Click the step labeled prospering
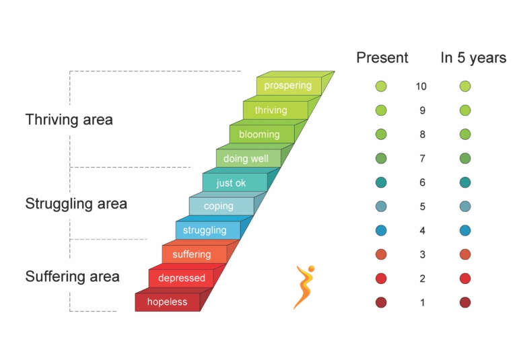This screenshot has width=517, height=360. (x=289, y=86)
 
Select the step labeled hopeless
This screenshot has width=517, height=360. (x=168, y=302)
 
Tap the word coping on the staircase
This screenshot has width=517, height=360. (x=219, y=206)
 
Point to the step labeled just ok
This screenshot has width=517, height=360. (x=235, y=182)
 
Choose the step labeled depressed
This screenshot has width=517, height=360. (x=181, y=278)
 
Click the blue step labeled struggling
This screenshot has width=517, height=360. (x=208, y=230)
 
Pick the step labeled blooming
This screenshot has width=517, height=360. (x=262, y=134)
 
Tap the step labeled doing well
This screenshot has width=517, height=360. (x=248, y=158)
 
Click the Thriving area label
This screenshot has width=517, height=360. (x=69, y=119)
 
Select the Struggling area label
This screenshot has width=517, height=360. (x=76, y=203)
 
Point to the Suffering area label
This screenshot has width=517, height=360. (x=72, y=277)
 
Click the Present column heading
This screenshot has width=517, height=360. (x=382, y=58)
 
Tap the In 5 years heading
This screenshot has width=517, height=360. (x=473, y=58)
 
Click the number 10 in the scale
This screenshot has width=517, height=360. (x=421, y=86)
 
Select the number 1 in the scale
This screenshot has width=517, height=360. (x=422, y=303)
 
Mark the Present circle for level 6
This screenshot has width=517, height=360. (x=381, y=182)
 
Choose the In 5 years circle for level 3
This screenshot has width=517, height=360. (x=465, y=254)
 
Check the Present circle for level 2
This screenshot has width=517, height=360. (x=381, y=279)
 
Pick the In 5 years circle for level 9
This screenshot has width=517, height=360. (x=465, y=110)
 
